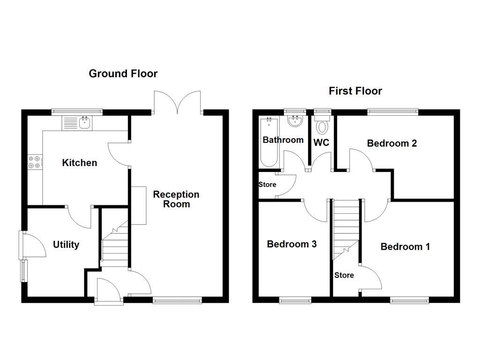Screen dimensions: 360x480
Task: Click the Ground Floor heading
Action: [123, 74]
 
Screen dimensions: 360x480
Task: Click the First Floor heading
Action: [355, 91]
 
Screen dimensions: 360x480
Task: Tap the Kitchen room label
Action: [80, 163]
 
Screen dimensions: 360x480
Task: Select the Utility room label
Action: [66, 244]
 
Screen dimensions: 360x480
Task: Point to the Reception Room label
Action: [176, 199]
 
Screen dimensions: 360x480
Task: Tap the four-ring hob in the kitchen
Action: [35, 162]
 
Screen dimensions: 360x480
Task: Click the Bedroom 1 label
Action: [405, 247]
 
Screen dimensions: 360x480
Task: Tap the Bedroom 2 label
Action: [392, 143]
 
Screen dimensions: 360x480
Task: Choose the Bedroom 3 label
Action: [292, 244]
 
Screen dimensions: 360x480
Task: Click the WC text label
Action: [322, 143]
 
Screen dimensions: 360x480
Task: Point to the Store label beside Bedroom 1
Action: [344, 275]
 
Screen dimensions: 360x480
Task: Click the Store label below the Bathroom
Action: [267, 184]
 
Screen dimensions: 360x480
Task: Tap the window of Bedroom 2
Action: [392, 112]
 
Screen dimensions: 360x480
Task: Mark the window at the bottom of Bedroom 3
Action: [295, 300]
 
